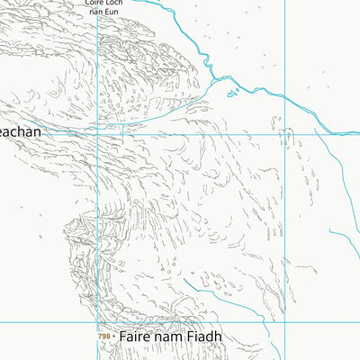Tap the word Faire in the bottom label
pos(131,337)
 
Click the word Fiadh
pos(204,337)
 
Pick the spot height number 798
pos(104,337)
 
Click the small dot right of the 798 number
pos(115,337)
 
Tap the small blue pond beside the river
pos(232,92)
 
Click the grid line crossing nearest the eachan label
pos(97,133)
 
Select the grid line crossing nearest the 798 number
pos(97,321)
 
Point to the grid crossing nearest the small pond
pos(284,133)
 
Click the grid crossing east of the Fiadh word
pos(284,321)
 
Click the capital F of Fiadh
pos(191,337)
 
